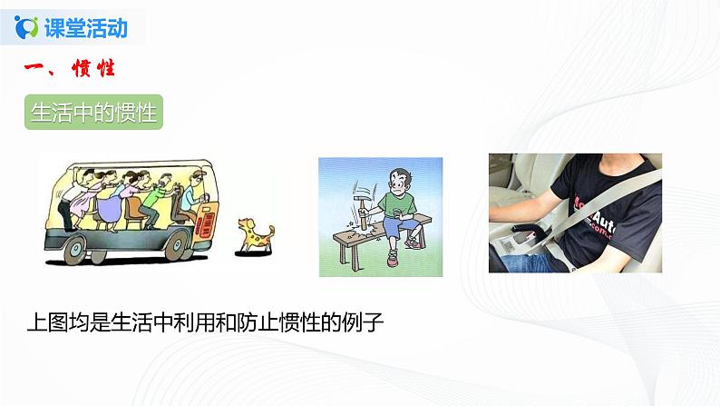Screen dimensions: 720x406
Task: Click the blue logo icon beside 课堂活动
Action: (x=26, y=26)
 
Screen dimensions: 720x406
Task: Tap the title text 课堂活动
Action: (x=86, y=27)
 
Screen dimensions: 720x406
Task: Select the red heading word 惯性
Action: (x=93, y=68)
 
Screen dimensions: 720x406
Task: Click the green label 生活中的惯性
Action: (x=93, y=113)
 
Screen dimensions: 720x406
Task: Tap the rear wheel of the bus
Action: (x=75, y=250)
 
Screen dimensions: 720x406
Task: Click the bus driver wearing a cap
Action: (x=193, y=194)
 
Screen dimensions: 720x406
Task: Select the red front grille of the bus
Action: (x=205, y=223)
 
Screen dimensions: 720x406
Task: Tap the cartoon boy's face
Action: (x=399, y=183)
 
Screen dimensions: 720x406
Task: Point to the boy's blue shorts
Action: (x=398, y=227)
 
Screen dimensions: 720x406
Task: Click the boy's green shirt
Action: (x=397, y=205)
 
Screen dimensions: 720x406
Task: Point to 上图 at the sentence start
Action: (x=48, y=322)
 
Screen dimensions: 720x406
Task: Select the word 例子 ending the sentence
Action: (x=364, y=322)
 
